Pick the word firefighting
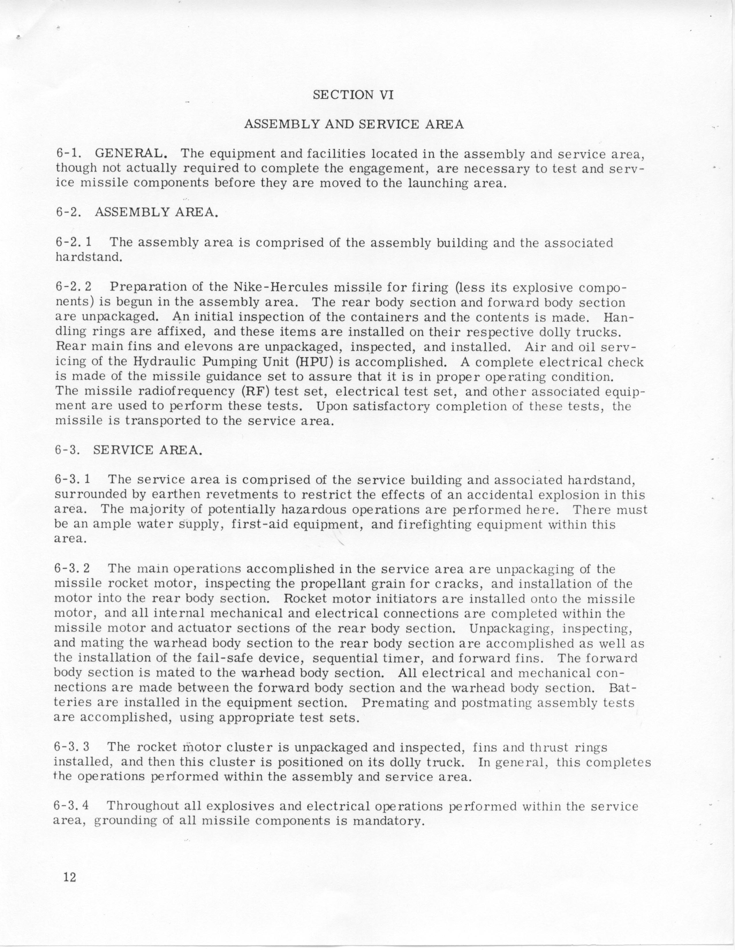point(435,525)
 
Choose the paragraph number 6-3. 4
point(72,806)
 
